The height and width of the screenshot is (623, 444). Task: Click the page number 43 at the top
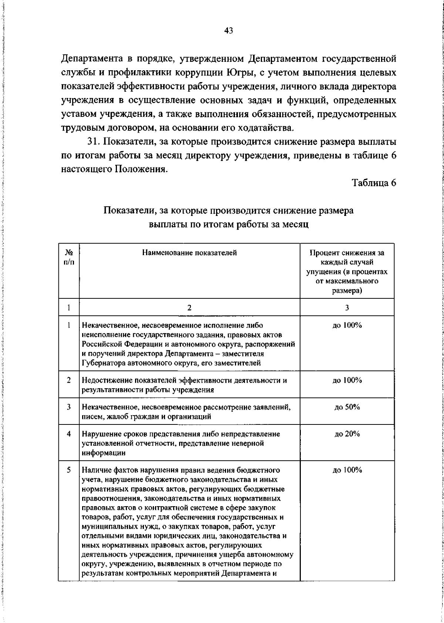[x=228, y=31]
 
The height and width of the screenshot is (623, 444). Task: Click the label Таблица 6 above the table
[x=374, y=183]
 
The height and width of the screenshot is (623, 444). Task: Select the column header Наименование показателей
[x=189, y=253]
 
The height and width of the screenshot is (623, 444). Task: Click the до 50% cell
[x=347, y=407]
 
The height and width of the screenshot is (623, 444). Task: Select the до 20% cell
[x=347, y=434]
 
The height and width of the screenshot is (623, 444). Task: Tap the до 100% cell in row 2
[x=347, y=380]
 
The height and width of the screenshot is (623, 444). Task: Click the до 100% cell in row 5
[x=347, y=470]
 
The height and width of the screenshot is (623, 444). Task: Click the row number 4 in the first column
[x=69, y=434]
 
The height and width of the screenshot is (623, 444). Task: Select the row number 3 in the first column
[x=69, y=407]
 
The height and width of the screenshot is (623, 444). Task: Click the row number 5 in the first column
[x=69, y=470]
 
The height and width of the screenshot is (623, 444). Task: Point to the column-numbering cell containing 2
[x=189, y=308]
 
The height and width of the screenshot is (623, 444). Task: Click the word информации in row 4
[x=103, y=453]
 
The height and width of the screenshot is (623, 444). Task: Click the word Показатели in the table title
[x=128, y=211]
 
